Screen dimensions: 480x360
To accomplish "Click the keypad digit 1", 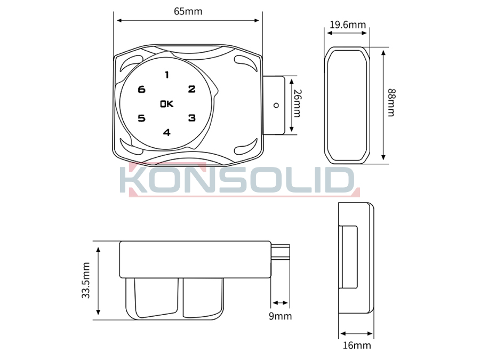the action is pos(167,75).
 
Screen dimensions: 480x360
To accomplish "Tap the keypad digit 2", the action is pos(191,89).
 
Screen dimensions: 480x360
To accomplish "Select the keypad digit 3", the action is pos(192,118).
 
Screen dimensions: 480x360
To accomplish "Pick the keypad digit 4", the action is pos(166,132).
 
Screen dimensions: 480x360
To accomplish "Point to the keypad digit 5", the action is pos(141,118).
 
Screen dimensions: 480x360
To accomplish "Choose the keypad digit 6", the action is pos(141,90).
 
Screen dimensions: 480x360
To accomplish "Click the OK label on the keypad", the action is pos(167,104).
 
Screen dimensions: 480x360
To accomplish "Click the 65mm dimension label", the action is pos(188,11).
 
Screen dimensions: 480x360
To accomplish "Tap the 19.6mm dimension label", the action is pos(348,25).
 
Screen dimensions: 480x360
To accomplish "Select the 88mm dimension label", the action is pos(391,102).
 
